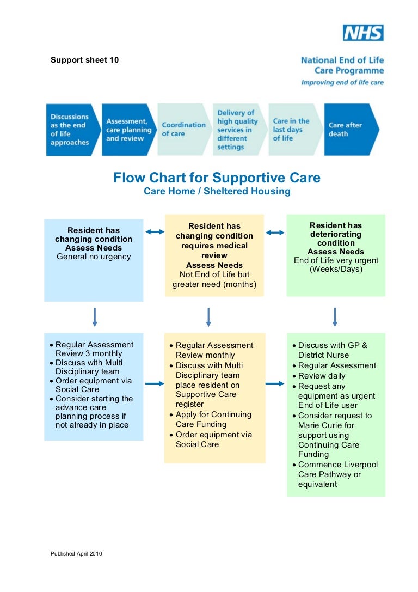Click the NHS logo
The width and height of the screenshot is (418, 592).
[363, 33]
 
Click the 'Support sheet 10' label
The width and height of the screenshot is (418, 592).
[84, 60]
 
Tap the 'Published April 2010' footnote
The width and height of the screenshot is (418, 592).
[76, 554]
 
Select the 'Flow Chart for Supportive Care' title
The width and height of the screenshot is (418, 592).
[217, 178]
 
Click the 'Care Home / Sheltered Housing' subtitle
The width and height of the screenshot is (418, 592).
[217, 191]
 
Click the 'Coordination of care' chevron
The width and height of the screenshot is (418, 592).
[184, 130]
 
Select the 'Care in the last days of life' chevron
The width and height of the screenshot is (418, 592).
[294, 130]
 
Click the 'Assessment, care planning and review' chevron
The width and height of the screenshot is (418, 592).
[128, 130]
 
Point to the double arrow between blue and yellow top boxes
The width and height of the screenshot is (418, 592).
[155, 232]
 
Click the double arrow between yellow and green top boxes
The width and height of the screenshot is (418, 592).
[275, 233]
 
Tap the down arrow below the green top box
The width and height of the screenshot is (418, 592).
[335, 317]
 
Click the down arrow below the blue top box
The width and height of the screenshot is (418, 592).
[95, 317]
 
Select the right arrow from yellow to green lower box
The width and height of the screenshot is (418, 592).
[275, 384]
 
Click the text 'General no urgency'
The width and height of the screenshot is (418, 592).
[94, 257]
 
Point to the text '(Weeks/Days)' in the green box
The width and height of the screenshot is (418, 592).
[335, 269]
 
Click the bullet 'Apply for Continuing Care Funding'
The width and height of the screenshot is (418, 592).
[213, 419]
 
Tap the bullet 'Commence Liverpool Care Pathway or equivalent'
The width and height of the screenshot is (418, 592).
[337, 474]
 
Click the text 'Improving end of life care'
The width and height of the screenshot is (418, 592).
[342, 82]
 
